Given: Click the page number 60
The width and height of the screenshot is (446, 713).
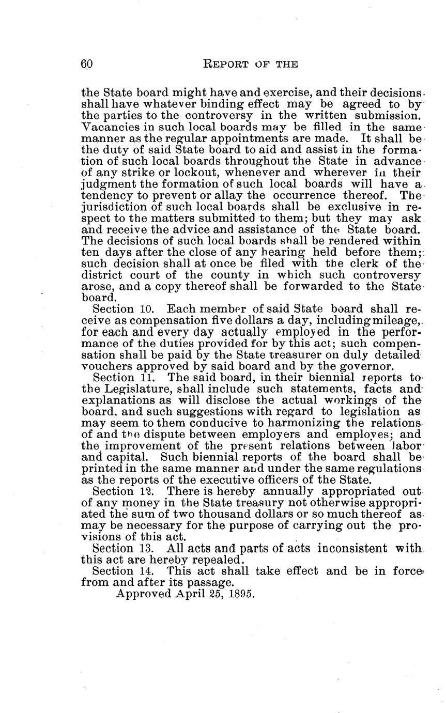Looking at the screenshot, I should [x=87, y=64].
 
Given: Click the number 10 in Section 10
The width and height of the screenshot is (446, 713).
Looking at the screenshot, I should [x=145, y=309].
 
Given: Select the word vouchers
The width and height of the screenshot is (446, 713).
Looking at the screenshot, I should [x=107, y=366].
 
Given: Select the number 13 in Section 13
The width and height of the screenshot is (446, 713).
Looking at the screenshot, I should [x=145, y=548].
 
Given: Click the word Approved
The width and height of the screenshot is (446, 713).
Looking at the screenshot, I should [x=144, y=594].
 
